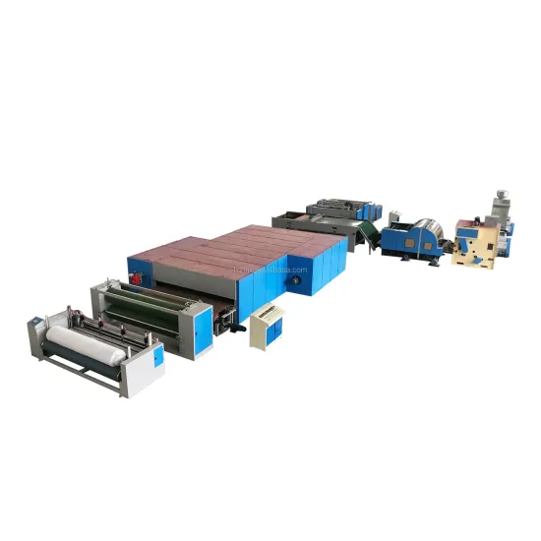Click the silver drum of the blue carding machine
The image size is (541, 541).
tap(424, 227)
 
